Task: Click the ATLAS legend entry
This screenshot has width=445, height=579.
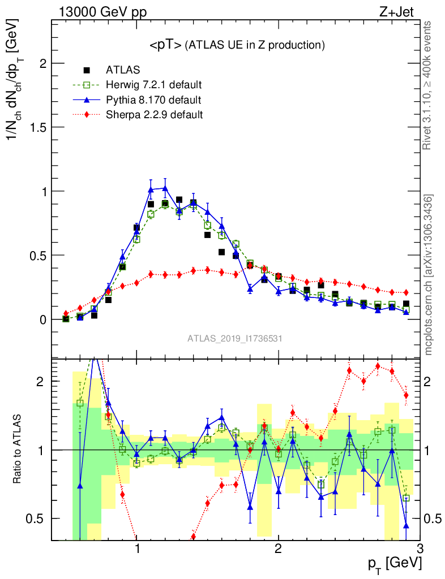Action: (123, 70)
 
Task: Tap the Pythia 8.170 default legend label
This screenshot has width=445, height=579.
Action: (153, 100)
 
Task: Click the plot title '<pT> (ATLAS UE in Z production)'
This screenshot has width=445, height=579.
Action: (237, 45)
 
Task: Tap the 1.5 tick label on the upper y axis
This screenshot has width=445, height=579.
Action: (36, 128)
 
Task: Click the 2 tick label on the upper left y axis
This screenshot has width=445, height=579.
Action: (40, 64)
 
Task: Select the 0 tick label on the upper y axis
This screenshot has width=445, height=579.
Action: (40, 319)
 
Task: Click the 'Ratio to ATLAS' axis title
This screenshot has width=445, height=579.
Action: (19, 450)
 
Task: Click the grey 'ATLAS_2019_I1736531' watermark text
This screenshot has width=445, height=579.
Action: (235, 339)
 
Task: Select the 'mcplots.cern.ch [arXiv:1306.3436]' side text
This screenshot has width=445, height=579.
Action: (429, 275)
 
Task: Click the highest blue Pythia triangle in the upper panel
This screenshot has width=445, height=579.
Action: (165, 188)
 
